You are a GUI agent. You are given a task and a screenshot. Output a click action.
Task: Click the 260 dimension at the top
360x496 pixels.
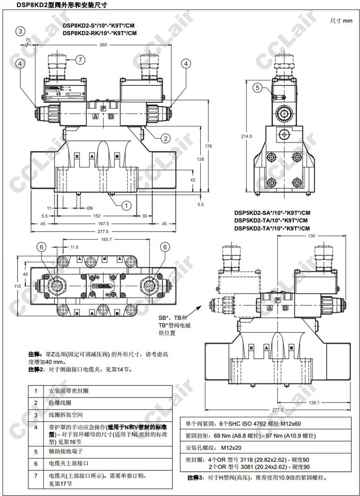tap(103, 45)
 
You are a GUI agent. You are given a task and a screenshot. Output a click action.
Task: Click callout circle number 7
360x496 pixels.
tap(80, 59)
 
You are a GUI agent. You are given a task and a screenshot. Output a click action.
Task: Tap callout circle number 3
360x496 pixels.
tap(20, 31)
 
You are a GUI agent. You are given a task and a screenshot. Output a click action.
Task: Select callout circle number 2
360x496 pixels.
tap(166, 139)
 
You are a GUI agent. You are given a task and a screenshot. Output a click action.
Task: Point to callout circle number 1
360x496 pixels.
tap(127, 206)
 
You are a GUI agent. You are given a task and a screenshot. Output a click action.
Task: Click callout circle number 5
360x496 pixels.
tap(257, 88)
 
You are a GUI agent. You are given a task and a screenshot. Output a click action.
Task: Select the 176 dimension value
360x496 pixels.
tap(208, 146)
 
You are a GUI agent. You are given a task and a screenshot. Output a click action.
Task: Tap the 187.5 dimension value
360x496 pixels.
tap(103, 223)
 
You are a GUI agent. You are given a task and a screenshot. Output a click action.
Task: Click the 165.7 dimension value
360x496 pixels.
tap(107, 240)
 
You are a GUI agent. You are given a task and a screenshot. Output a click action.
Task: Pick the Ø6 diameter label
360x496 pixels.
tap(90, 208)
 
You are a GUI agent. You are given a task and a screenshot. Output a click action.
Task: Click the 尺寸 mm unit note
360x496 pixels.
tap(341, 21)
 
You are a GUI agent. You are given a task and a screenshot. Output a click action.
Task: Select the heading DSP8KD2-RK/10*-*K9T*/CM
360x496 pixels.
tap(99, 33)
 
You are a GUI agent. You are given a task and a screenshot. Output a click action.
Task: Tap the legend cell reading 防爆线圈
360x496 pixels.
tap(59, 402)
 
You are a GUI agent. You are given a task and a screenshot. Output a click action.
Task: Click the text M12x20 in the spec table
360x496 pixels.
tap(231, 448)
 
